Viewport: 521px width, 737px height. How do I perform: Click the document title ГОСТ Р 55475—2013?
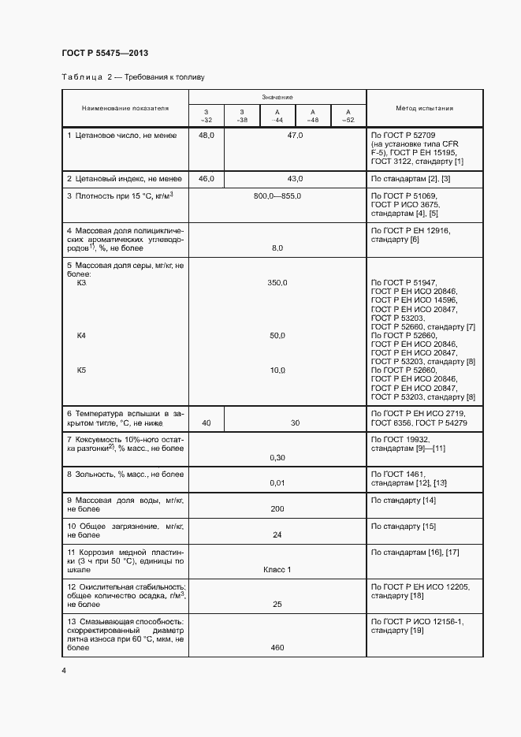coord(105,54)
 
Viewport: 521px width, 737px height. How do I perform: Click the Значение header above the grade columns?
coord(277,97)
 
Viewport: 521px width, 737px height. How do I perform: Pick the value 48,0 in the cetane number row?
coord(207,136)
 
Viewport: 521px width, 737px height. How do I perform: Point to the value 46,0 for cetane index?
coord(207,179)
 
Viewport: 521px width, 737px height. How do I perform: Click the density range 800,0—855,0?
coord(277,195)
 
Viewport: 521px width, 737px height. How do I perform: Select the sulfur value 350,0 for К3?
coord(277,282)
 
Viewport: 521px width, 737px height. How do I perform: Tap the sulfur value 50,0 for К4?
coord(277,336)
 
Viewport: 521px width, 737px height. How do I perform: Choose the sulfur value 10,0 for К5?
coord(277,370)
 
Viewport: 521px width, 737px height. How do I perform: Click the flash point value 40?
coord(207,423)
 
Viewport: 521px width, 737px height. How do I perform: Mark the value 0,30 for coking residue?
coord(277,457)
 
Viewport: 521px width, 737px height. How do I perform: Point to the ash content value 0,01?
coord(277,482)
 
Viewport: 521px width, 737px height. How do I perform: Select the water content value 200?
coord(277,508)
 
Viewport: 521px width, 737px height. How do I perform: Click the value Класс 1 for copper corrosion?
coord(277,570)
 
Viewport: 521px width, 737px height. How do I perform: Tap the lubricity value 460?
coord(277,648)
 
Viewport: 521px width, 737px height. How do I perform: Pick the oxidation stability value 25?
coord(277,605)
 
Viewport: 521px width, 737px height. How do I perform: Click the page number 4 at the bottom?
coord(64,671)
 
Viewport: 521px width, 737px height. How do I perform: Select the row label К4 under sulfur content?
coord(81,336)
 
